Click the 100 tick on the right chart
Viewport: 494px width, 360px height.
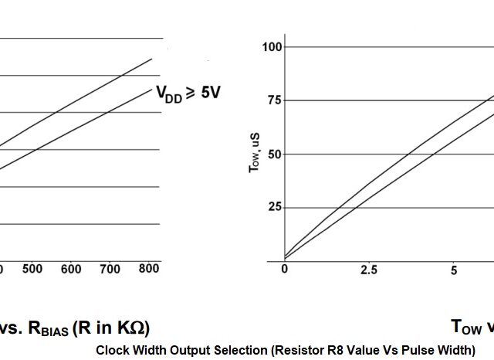click(x=272, y=47)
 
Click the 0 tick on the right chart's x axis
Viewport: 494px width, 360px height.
click(x=284, y=270)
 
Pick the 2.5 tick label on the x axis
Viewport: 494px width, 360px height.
click(x=369, y=270)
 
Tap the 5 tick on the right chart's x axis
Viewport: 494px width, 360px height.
click(x=454, y=270)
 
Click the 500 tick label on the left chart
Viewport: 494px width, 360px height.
click(x=32, y=269)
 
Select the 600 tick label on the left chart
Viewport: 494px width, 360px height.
click(x=71, y=269)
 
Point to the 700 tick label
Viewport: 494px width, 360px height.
click(x=110, y=269)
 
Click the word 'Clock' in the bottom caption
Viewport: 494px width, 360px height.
click(x=113, y=350)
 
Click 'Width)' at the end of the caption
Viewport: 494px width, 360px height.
click(x=456, y=350)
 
